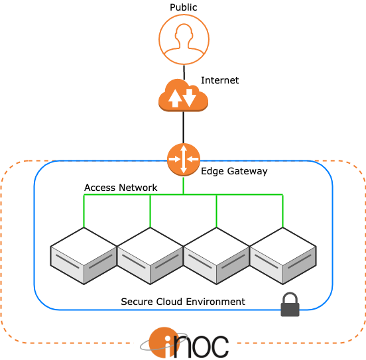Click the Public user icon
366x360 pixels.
coord(184,39)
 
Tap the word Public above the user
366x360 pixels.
coord(184,7)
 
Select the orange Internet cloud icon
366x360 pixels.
coord(183,95)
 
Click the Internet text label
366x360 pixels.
coord(219,80)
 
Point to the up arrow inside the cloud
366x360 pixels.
coord(175,98)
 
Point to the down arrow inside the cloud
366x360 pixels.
coord(189,97)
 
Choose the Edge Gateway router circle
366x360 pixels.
coord(184,160)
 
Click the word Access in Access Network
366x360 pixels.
coord(100,188)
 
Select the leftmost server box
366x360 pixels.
coord(84,256)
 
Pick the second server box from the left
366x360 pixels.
coord(150,256)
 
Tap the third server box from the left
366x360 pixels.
coord(216,256)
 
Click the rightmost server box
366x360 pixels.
coord(283,256)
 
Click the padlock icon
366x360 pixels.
coord(290,304)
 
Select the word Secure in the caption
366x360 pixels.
coord(137,302)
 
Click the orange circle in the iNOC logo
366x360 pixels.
coord(164,343)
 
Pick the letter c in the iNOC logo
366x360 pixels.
coord(219,347)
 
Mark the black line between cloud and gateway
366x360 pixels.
coord(184,127)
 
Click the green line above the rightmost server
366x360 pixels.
coord(283,211)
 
